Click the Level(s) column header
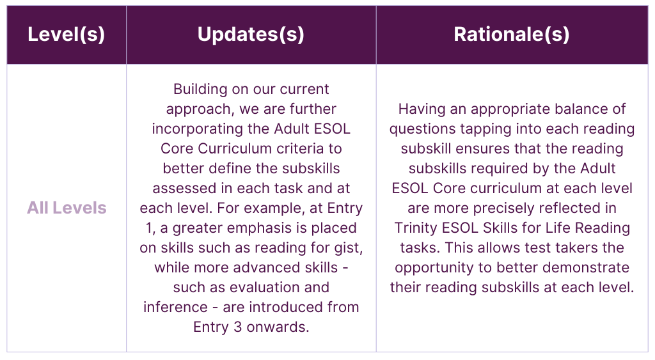pos(66,35)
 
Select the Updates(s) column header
pos(251,35)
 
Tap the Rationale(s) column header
pos(511,35)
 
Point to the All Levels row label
pos(67,208)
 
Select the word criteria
pos(315,148)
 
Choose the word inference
pos(173,307)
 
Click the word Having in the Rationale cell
pos(420,109)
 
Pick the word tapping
pos(480,129)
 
